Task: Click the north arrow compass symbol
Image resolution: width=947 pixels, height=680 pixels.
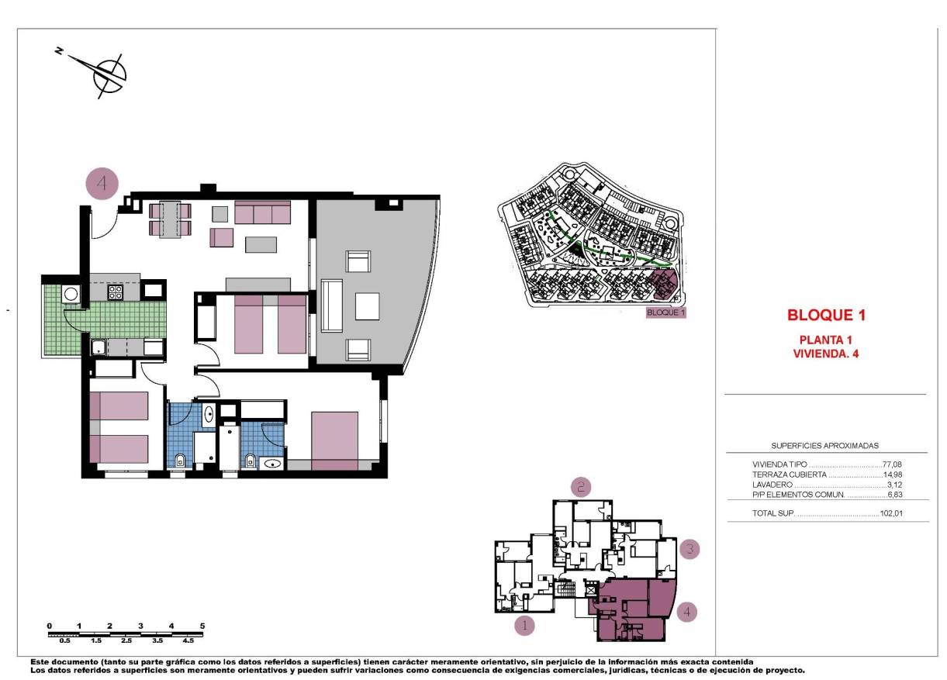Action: coord(108,74)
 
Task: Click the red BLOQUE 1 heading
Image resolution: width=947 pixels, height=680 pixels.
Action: coord(826,316)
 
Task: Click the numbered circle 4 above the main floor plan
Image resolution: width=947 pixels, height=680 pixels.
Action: coord(102,185)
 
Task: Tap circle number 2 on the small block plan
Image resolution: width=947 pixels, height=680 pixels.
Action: coord(581,486)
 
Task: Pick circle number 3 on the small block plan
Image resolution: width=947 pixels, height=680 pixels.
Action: coord(689,550)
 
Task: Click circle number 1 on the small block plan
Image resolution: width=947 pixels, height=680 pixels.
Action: coord(525,623)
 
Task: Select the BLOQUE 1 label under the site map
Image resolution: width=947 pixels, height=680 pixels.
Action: coord(666,313)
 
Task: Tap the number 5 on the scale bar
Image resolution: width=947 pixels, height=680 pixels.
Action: coord(202,625)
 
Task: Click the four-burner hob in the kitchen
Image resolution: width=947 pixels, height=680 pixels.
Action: coord(116,292)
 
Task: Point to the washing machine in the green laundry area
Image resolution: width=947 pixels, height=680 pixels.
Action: coord(71,294)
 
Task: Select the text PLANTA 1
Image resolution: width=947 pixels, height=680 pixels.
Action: coord(826,340)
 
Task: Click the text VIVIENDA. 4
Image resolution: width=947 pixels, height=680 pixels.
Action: coord(826,354)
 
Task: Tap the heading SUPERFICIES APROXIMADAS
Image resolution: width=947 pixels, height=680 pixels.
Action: coord(825,446)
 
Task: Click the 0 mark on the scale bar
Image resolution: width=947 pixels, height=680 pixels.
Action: coord(49,625)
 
